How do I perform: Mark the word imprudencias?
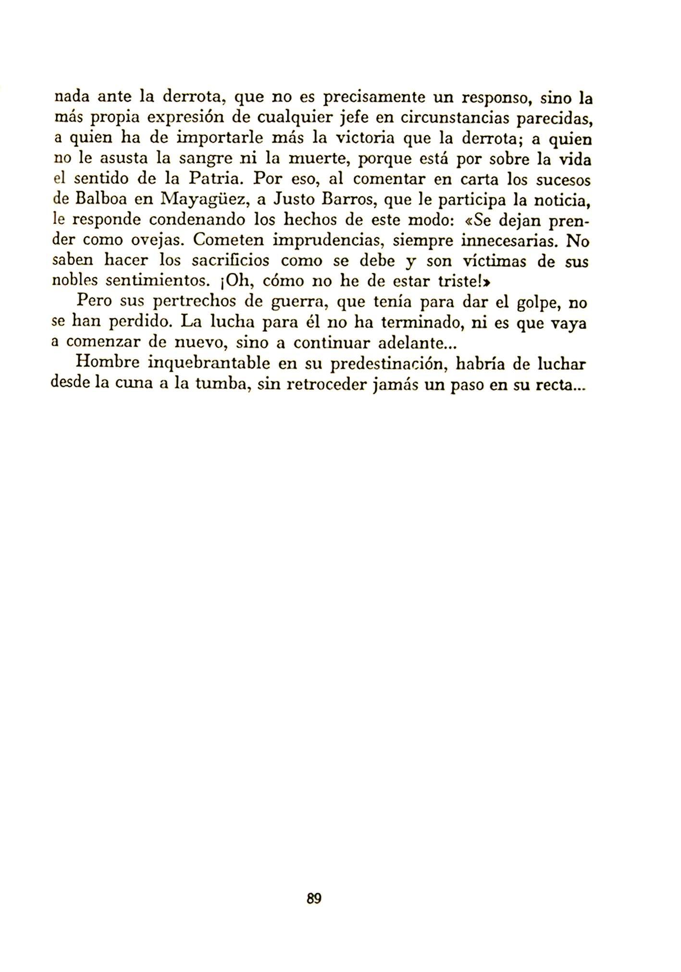(x=327, y=240)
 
